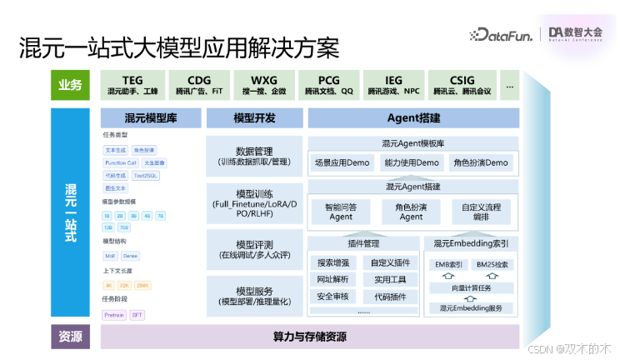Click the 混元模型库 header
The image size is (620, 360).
151,117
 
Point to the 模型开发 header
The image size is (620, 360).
254,117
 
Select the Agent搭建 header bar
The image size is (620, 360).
412,117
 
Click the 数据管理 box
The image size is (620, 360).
254,156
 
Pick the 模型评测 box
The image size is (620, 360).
254,249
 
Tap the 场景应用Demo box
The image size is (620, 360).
341,162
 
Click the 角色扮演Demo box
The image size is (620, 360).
481,162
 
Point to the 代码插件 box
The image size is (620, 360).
389,296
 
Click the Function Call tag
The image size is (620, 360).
121,163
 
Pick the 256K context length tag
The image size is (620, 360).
144,285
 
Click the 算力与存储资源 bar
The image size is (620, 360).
310,337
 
